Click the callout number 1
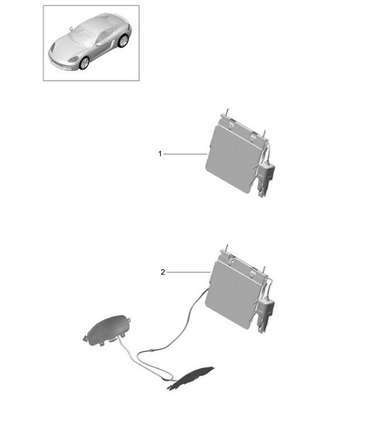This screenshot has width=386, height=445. (x=160, y=153)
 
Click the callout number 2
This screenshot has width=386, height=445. (x=162, y=271)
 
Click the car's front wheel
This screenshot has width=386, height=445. (x=84, y=63)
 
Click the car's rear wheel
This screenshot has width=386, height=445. (x=123, y=41)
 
